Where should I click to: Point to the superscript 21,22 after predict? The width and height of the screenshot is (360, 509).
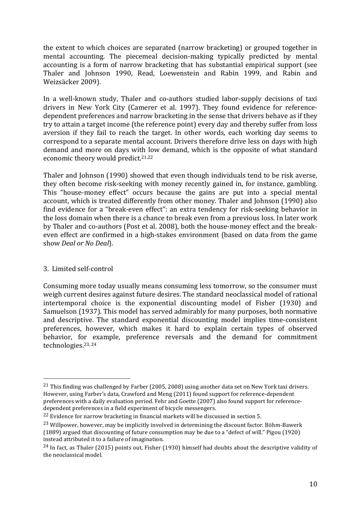click(147, 157)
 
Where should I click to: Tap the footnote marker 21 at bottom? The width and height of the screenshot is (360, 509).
click(46, 386)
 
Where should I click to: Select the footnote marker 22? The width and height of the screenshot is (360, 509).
click(46, 416)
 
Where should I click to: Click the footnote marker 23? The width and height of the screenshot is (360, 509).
click(46, 424)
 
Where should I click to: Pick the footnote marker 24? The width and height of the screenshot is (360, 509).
click(46, 447)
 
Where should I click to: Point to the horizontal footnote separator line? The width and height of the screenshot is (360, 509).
click(87, 378)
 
